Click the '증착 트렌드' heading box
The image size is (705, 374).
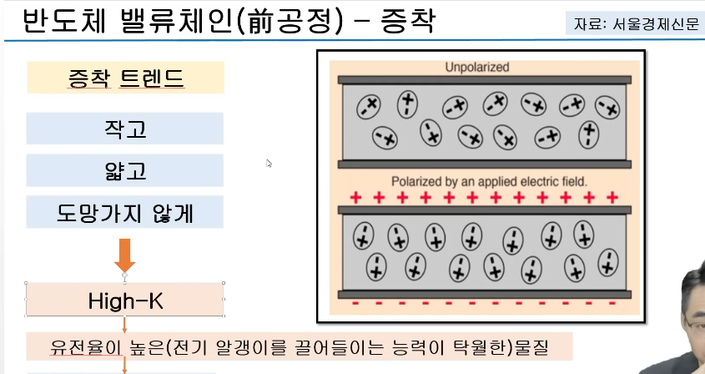tap(125, 78)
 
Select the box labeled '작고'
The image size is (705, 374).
tap(125, 129)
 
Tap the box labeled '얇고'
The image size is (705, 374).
tap(125, 170)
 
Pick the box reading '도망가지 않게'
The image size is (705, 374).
tap(125, 212)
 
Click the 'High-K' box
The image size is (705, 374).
tap(125, 300)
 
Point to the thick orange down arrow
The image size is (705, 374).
tap(125, 254)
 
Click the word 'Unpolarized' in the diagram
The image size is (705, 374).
tap(477, 67)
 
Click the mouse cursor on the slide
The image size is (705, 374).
tap(269, 163)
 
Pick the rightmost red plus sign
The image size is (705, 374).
tap(612, 198)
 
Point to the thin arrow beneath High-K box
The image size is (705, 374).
tap(125, 325)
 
